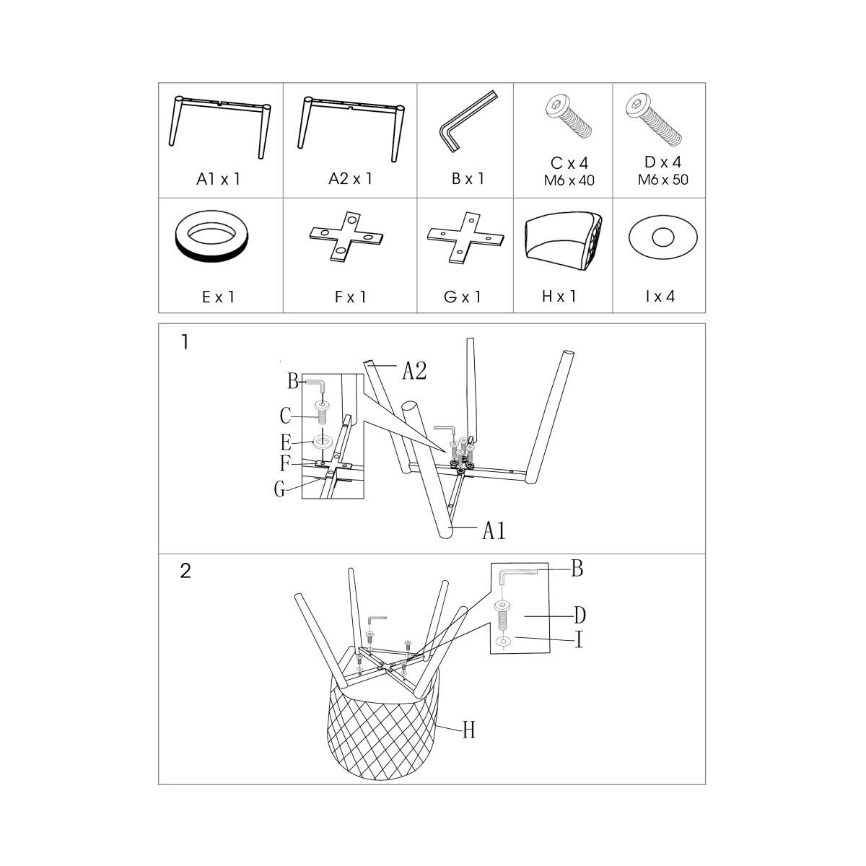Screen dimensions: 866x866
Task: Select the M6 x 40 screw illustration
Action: [x=568, y=116]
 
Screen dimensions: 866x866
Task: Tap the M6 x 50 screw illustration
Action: [x=653, y=119]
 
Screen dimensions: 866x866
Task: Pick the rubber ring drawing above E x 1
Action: [x=211, y=236]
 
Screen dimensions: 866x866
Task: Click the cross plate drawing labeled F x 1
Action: [x=346, y=237]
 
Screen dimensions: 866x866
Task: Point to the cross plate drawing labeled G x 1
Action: [x=465, y=237]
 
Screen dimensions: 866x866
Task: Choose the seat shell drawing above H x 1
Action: [x=563, y=241]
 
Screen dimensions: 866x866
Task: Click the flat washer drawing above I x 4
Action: [x=663, y=237]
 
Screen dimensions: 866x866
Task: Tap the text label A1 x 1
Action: [x=219, y=179]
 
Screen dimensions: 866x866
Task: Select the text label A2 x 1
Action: [x=351, y=178]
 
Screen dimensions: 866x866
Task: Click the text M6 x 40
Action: [x=569, y=180]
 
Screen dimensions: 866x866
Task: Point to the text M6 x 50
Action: [x=663, y=180]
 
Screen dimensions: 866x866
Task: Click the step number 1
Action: [x=185, y=343]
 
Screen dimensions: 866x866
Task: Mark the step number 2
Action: [x=185, y=571]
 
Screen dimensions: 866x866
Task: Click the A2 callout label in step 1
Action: [x=414, y=371]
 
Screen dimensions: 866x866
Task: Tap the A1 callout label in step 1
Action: [x=494, y=530]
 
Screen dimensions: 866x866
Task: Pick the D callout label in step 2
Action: [x=579, y=615]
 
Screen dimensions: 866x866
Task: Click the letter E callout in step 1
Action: [x=286, y=442]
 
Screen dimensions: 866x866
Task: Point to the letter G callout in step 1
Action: [x=279, y=489]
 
